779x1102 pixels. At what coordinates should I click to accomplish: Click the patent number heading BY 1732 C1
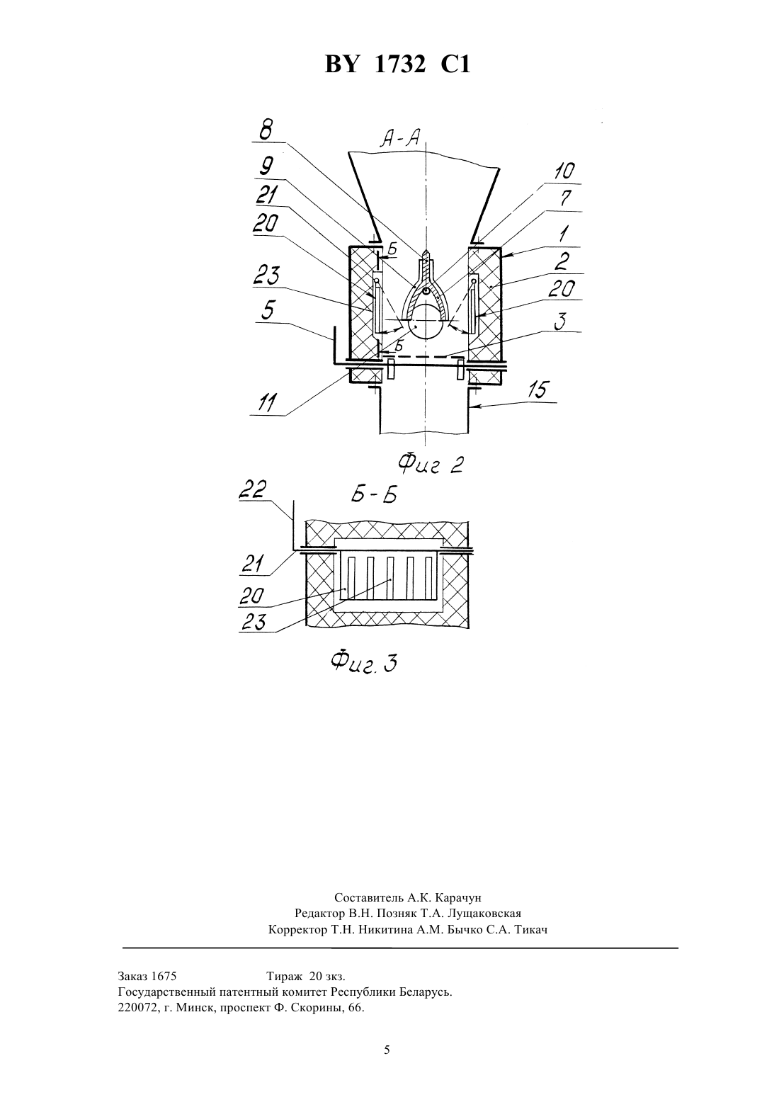point(397,64)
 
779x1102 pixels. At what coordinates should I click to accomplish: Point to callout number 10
point(564,171)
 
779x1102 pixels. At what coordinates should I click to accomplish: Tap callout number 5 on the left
point(268,310)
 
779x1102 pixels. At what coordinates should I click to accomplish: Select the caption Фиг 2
point(431,463)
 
